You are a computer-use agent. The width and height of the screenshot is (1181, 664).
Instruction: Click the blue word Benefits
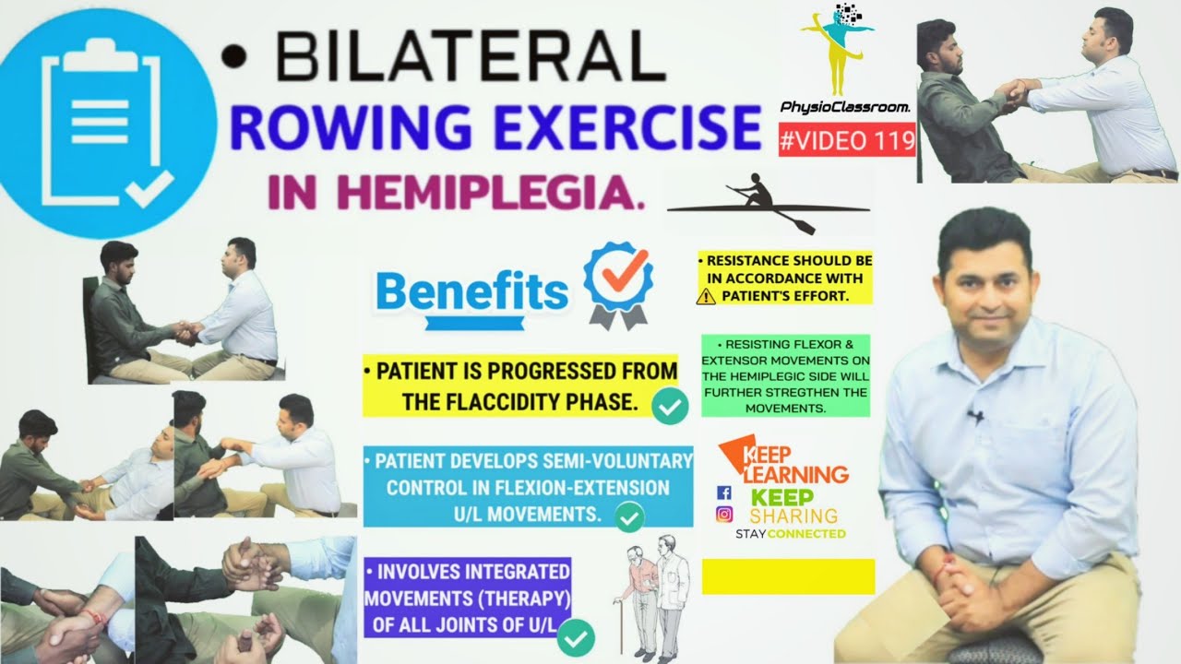(x=472, y=292)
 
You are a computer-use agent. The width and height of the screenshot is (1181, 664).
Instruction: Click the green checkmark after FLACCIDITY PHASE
(x=670, y=406)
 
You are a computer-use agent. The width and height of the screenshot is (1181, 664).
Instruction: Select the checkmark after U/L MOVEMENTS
(x=630, y=518)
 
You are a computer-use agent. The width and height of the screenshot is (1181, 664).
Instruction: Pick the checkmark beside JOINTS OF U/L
(x=577, y=636)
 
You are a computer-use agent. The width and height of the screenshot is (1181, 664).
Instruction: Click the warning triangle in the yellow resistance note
(x=708, y=296)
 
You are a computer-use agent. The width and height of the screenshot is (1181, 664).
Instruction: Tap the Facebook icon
(x=724, y=492)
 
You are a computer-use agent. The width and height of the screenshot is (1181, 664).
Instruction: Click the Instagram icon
(x=724, y=515)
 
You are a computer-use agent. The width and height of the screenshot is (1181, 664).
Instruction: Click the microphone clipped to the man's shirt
(x=976, y=416)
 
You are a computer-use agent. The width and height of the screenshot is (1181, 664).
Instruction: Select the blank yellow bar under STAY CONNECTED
(x=787, y=576)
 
